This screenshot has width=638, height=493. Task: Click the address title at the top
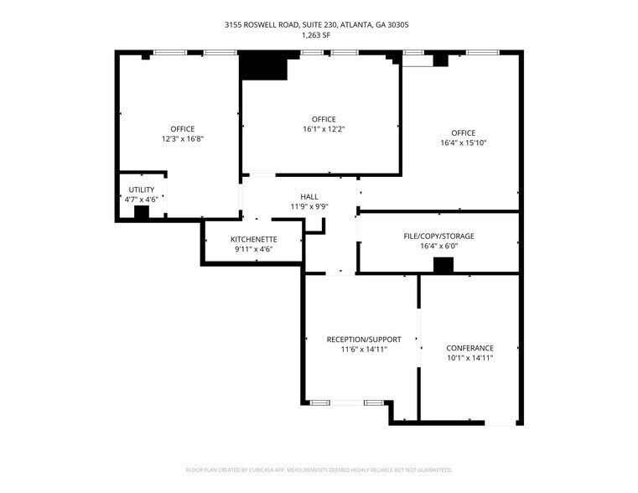[316, 25]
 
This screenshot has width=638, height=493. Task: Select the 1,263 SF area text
[316, 35]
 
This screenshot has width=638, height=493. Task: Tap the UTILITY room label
[141, 189]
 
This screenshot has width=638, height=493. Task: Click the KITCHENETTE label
[253, 239]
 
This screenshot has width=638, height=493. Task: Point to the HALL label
[309, 196]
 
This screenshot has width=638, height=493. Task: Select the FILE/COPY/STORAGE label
[438, 236]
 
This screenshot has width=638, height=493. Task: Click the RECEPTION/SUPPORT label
[364, 340]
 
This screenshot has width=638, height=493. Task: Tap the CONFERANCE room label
[469, 348]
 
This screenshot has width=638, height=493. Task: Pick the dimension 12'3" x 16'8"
[183, 138]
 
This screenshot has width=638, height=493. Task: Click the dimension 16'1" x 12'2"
[324, 129]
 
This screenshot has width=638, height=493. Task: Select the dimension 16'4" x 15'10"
[463, 143]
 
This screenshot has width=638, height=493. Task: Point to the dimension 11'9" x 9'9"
[309, 206]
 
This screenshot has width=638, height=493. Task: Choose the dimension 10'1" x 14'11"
[469, 358]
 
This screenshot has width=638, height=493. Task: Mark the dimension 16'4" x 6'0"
[438, 246]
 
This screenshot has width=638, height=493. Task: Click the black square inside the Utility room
[142, 212]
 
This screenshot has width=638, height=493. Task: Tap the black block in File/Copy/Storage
[443, 266]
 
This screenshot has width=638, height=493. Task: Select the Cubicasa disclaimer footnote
[319, 470]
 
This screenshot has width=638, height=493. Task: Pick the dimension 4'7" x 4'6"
[141, 200]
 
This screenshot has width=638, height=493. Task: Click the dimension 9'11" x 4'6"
[253, 249]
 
